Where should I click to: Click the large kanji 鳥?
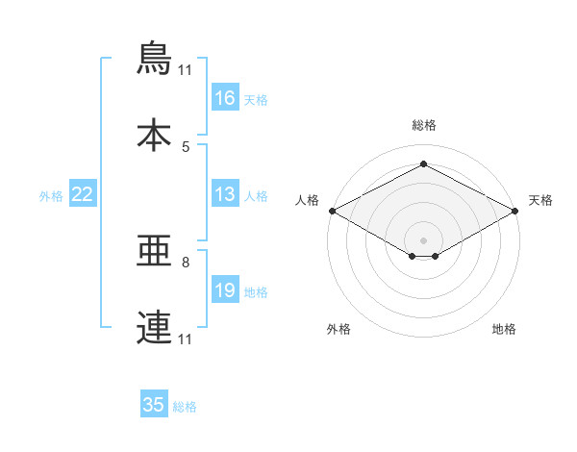(154, 58)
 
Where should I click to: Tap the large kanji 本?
(154, 135)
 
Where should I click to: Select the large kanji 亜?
(154, 251)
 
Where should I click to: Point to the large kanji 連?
(154, 327)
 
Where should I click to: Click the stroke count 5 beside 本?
(186, 147)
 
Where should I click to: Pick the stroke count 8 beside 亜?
(186, 263)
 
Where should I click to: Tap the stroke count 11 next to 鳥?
(185, 70)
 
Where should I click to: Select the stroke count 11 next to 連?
(185, 339)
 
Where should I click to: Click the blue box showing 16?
(225, 97)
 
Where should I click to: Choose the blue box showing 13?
(225, 193)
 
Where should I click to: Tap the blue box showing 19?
(225, 289)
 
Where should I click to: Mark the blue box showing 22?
(83, 193)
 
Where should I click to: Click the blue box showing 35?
(154, 403)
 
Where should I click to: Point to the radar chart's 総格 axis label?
(424, 126)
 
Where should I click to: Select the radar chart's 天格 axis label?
(540, 200)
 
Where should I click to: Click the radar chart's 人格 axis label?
(307, 200)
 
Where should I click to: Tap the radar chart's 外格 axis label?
(339, 329)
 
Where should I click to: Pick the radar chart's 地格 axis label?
(504, 329)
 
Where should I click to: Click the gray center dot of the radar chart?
(423, 240)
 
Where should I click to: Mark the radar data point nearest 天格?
(515, 211)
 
